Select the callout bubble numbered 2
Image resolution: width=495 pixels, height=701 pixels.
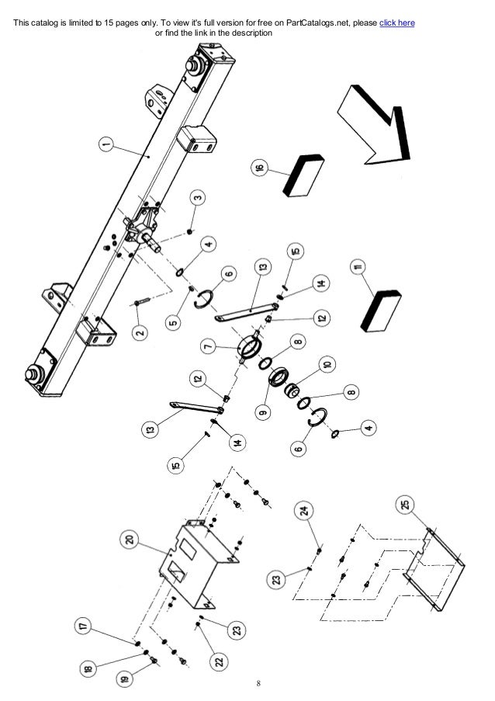coord(139,333)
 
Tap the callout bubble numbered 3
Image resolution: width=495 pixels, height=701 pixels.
coord(198,198)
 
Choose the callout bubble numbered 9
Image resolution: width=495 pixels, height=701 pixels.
coord(265,411)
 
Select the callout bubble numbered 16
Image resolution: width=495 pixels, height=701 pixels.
coord(258,168)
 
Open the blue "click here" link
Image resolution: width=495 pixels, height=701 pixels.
coord(396,23)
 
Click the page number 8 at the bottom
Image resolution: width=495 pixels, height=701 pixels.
coord(259,684)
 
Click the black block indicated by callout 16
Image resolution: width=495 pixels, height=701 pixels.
coord(304,173)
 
